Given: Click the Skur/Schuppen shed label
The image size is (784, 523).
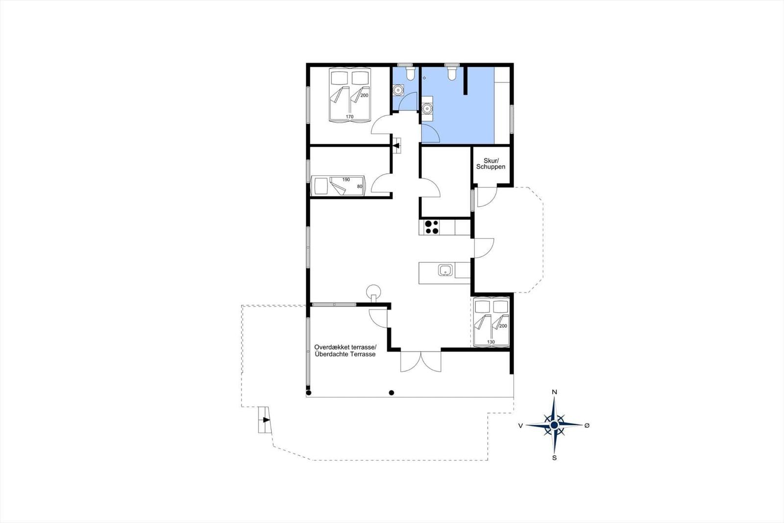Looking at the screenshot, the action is [x=490, y=164].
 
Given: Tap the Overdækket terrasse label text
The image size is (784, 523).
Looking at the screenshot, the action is [x=345, y=347].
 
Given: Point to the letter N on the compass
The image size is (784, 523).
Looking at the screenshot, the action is [x=554, y=392].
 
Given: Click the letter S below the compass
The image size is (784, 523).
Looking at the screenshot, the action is [x=554, y=458].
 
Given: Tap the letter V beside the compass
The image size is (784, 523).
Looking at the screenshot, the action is [x=521, y=425].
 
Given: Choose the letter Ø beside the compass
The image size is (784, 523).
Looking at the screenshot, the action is [x=587, y=425].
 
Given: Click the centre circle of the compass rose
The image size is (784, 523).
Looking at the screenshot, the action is [x=554, y=425].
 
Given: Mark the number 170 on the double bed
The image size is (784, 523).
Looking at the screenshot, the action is [x=350, y=117].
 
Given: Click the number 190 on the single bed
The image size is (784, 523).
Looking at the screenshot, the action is [x=346, y=180].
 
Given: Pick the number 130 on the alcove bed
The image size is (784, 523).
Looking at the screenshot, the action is [x=490, y=342].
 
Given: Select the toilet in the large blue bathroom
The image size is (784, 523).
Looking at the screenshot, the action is [x=452, y=73].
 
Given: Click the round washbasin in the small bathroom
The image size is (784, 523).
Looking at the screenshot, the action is [x=398, y=90].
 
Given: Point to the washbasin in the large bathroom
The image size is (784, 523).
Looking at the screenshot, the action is [x=427, y=108].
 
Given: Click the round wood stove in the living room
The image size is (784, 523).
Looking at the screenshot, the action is [x=373, y=291].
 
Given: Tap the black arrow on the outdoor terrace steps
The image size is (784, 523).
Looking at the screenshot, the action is [x=267, y=419].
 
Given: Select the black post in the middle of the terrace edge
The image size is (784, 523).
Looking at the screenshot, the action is [x=392, y=392].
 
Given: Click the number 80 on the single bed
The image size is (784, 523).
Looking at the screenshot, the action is [x=360, y=186].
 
